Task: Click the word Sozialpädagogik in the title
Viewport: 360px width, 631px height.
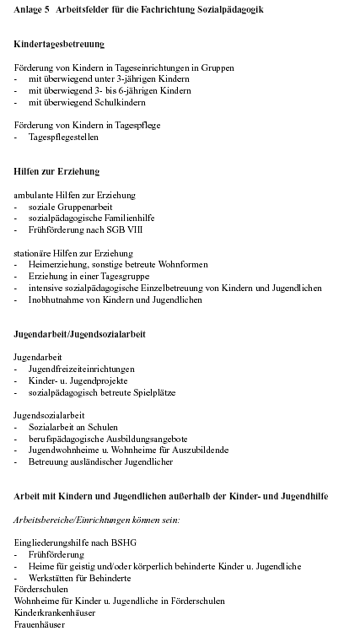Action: tap(234, 8)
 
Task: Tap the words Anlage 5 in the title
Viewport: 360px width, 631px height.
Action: tap(31, 8)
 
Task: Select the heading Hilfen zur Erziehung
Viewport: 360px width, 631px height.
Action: tap(56, 171)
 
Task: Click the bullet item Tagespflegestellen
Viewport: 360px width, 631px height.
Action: tap(64, 136)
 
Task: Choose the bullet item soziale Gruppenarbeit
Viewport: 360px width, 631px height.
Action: tap(70, 206)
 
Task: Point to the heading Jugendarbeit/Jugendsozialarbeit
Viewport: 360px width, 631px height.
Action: tap(79, 334)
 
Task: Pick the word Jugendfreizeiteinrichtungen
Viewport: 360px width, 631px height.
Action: tap(81, 369)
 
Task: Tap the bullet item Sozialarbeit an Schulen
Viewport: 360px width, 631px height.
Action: tap(73, 427)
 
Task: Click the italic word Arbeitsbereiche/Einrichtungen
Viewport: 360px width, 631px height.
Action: tap(68, 520)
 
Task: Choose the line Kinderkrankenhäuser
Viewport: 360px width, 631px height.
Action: tap(55, 612)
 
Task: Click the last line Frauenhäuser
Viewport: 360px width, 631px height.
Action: tap(40, 624)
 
